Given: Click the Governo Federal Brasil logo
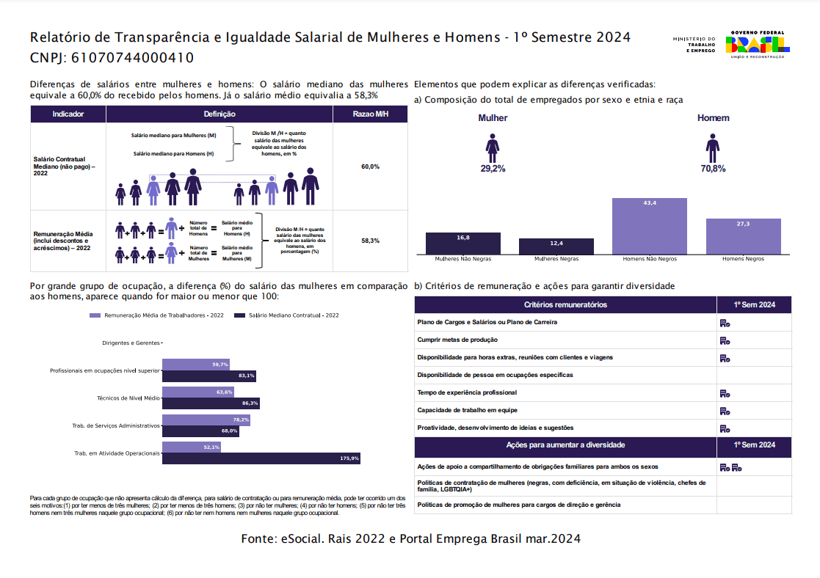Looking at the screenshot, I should click(756, 45).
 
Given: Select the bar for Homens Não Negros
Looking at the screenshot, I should click(650, 226).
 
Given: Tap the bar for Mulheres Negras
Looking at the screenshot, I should click(556, 246).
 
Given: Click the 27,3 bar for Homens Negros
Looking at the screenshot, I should click(743, 236).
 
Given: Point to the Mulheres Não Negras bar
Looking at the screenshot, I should click(463, 244).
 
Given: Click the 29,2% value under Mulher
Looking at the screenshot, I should click(493, 169).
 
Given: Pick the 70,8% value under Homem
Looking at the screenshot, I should click(713, 169).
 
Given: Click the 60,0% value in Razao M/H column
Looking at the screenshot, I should click(370, 167).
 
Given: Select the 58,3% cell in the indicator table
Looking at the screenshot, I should click(370, 241).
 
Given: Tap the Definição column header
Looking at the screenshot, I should click(219, 114).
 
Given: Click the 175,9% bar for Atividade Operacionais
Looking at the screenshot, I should click(261, 458).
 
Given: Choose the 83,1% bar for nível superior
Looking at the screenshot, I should click(209, 376).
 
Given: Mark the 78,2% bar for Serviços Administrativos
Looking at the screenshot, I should click(206, 420).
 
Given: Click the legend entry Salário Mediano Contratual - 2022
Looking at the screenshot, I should click(288, 315).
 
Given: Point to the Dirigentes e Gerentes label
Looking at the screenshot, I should click(131, 343).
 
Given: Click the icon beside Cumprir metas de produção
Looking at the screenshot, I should click(725, 340).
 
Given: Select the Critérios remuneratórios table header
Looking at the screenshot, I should click(565, 304).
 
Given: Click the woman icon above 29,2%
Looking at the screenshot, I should click(493, 147).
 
